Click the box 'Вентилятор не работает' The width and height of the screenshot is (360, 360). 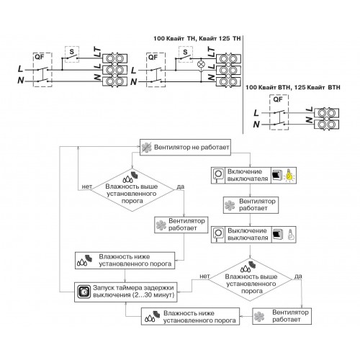pos(185,147)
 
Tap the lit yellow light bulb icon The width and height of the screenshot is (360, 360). pos(290,176)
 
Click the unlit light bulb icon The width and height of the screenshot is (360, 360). pos(290,235)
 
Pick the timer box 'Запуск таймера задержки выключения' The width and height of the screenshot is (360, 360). pos(125,292)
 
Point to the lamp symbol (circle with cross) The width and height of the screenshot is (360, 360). pos(200,64)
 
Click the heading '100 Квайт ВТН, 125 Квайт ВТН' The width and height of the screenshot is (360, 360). pos(292,87)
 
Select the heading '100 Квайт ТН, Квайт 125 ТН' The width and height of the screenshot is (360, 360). pos(197,38)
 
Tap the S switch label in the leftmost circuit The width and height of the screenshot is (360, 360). pos(72,52)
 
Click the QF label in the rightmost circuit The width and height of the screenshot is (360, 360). pos(278,99)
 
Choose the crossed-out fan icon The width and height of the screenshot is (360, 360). pos(146,148)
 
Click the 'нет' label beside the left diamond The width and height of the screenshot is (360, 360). pos(87,186)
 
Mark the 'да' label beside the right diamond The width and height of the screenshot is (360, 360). pos(298,276)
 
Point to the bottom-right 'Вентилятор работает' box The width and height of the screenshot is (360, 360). pos(282,316)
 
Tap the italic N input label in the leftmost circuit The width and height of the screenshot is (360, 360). pos(21,81)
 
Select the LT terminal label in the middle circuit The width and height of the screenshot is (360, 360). pos(211,52)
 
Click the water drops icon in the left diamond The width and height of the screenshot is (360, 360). pos(127,179)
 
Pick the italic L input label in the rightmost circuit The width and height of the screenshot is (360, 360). pos(256,113)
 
